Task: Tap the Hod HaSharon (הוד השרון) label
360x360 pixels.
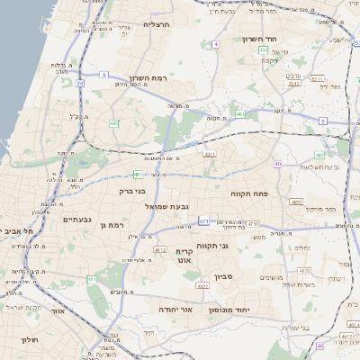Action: coord(263,39)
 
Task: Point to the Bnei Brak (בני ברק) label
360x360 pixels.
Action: coord(132,191)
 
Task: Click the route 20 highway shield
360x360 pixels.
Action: coord(80,83)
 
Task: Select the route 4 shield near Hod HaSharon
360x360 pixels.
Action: coord(216,43)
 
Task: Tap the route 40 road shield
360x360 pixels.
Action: coord(278,164)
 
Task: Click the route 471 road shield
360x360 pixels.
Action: coord(204,220)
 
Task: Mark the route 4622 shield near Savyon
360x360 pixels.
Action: coord(202,285)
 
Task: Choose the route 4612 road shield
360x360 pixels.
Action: coord(160,249)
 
